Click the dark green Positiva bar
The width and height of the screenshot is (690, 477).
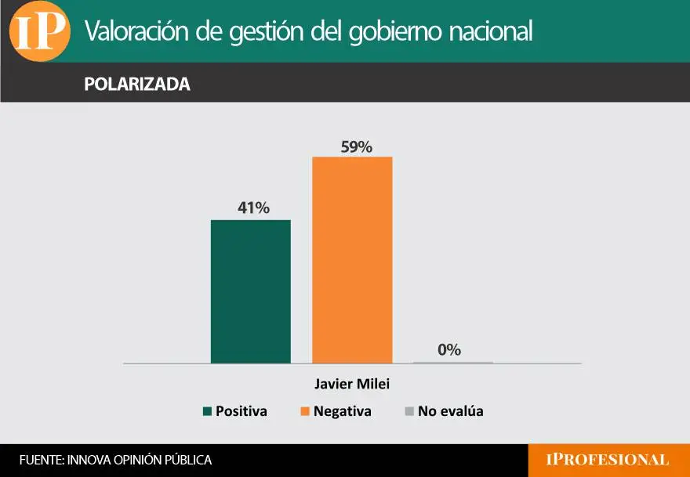(x=251, y=291)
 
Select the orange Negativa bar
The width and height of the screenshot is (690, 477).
(x=352, y=260)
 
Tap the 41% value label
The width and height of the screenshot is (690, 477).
(x=253, y=208)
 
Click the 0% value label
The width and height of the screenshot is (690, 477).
(x=449, y=350)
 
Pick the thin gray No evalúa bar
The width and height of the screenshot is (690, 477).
(x=453, y=363)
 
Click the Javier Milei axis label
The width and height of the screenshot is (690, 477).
(x=352, y=385)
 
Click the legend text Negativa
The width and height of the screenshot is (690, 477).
(x=342, y=411)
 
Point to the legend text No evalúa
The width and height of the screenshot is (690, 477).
(x=450, y=411)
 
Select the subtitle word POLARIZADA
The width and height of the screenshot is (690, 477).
(x=137, y=85)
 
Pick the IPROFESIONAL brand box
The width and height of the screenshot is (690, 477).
(x=608, y=461)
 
